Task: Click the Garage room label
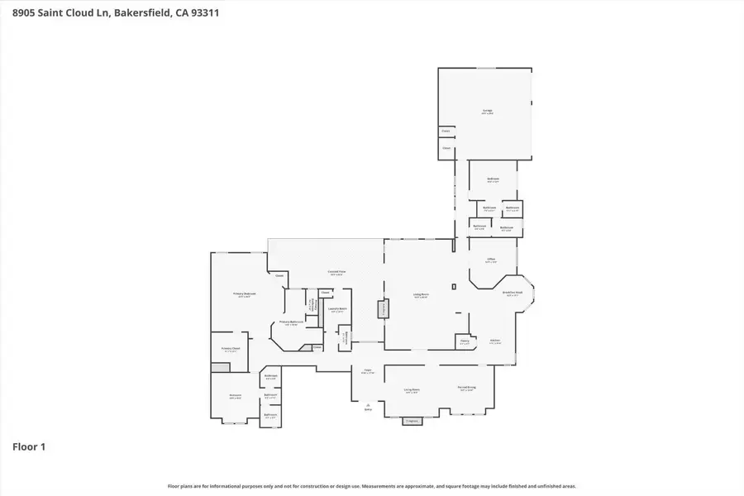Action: (488, 112)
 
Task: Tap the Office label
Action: (490, 260)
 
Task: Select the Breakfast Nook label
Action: (512, 293)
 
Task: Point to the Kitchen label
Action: (495, 341)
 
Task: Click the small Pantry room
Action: (464, 341)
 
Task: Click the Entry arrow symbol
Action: (368, 405)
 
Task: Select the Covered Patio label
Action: (336, 274)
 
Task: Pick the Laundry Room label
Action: (336, 310)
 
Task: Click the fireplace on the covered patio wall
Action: (383, 309)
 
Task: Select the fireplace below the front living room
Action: (411, 421)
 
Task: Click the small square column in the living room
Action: (454, 286)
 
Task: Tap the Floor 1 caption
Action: (29, 446)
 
